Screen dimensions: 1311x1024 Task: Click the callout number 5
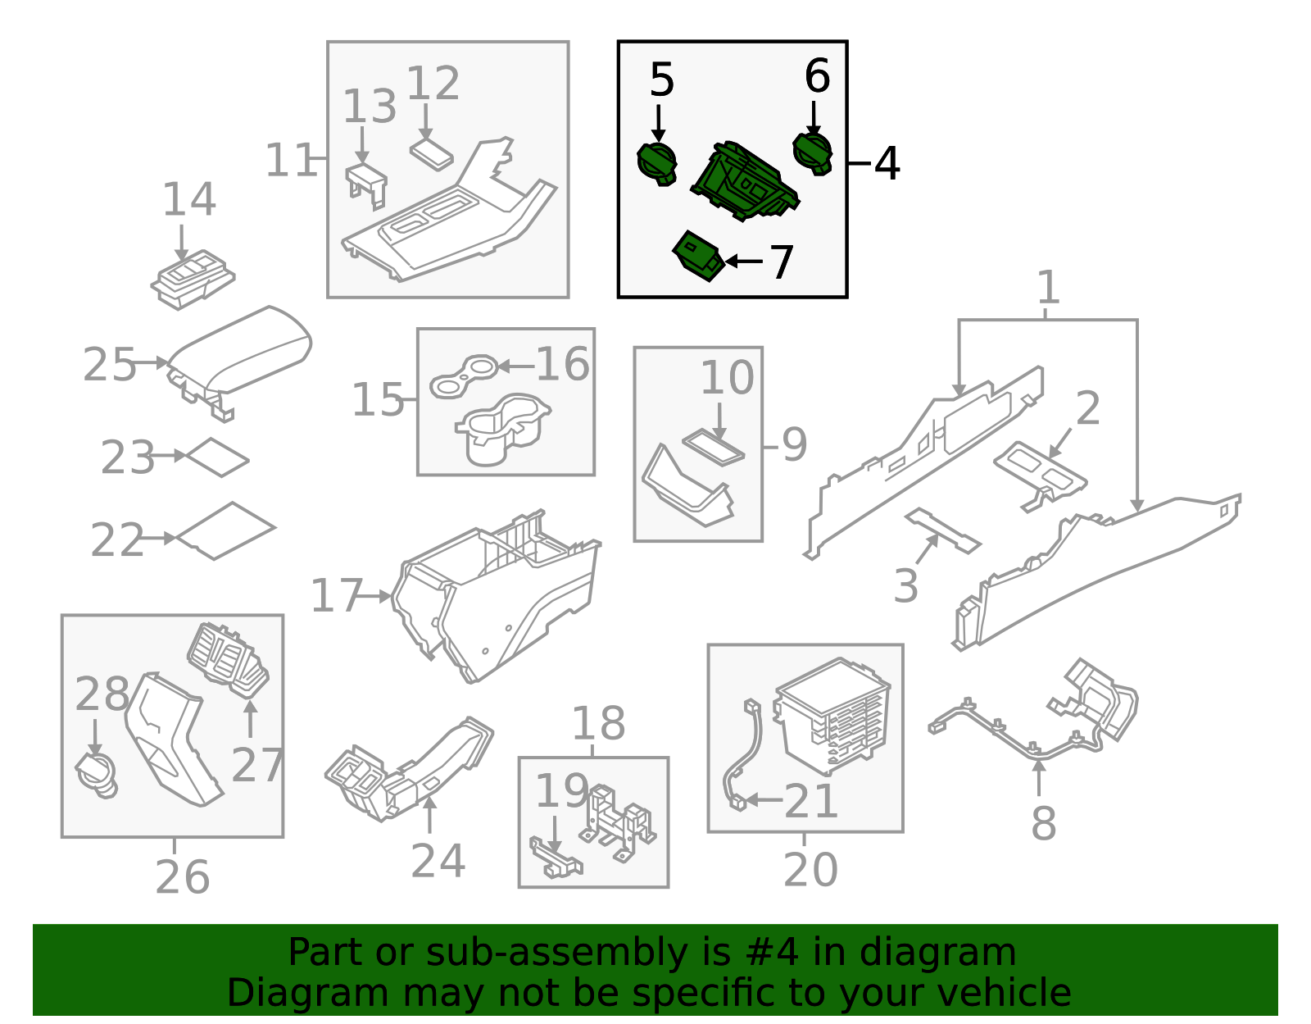click(x=661, y=80)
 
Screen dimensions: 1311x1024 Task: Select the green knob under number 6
click(x=812, y=153)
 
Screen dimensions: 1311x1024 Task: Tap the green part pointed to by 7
click(x=698, y=256)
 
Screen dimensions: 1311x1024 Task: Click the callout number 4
click(x=887, y=163)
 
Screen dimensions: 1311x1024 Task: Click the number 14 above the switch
click(x=188, y=199)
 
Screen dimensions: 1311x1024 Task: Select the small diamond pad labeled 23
click(x=217, y=457)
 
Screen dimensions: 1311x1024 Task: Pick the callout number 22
click(x=116, y=540)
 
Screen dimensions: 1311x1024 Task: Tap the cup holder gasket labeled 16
click(x=463, y=376)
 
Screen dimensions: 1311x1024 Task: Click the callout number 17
click(x=336, y=595)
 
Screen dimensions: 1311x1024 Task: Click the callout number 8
click(x=1044, y=823)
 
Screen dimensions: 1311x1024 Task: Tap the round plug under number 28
click(x=96, y=776)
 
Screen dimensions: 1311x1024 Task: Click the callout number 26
click(x=182, y=877)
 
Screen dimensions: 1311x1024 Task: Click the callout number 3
click(x=905, y=585)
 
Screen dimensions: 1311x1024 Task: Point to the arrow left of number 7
click(x=744, y=262)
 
